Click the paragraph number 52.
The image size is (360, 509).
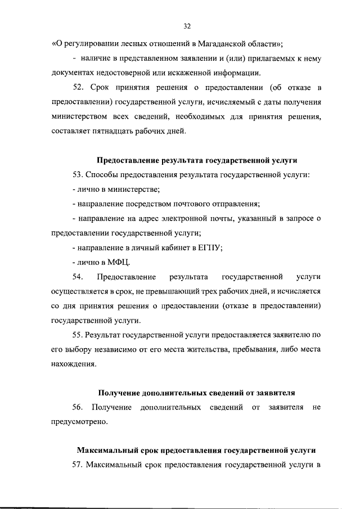pos(79,88)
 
